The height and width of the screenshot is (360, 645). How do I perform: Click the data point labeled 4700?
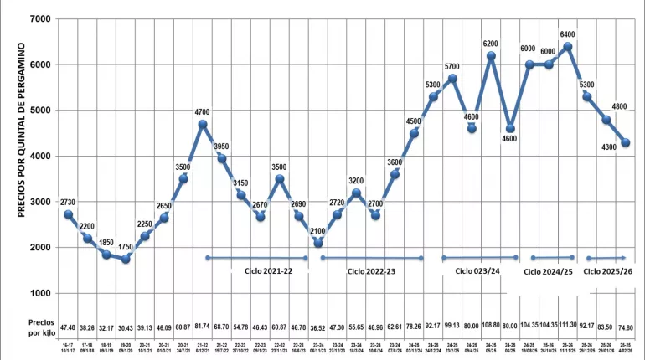click(x=203, y=124)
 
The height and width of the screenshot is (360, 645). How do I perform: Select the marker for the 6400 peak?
click(x=568, y=46)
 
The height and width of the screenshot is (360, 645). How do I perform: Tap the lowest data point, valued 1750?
click(x=126, y=259)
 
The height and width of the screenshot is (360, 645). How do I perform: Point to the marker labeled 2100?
click(x=317, y=243)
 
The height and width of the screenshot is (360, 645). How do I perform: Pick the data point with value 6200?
click(x=491, y=56)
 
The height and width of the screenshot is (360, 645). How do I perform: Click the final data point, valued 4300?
click(x=626, y=142)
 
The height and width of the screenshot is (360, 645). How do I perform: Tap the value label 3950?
click(x=222, y=146)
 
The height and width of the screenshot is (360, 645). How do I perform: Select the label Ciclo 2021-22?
click(x=269, y=272)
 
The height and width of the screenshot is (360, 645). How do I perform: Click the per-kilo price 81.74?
click(x=203, y=324)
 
